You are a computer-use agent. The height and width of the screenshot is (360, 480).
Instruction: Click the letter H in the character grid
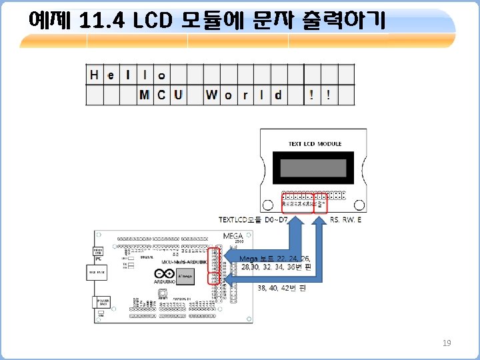pos(94,74)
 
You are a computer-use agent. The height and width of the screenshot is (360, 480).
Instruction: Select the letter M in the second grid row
pos(144,95)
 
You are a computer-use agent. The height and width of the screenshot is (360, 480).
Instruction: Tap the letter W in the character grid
pos(211,95)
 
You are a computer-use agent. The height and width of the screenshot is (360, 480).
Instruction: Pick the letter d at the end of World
pos(278,95)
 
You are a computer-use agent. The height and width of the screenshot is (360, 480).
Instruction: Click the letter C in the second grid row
pos(161,95)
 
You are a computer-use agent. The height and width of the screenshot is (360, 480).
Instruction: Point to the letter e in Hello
pos(111,74)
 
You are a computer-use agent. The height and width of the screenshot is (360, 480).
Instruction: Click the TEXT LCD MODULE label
pos(315,143)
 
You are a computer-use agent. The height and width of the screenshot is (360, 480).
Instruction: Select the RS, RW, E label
pos(346,219)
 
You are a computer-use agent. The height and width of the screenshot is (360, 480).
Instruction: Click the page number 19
pos(447,343)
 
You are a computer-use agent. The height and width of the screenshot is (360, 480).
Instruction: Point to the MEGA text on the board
pos(233,235)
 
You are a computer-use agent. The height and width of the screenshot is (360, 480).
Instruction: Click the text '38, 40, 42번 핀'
pos(281,288)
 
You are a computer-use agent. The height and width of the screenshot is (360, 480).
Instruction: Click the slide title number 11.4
pos(101,21)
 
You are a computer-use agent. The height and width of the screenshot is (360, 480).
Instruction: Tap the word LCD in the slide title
pos(153,21)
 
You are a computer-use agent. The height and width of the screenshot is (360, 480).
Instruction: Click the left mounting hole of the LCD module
pos(267,205)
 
